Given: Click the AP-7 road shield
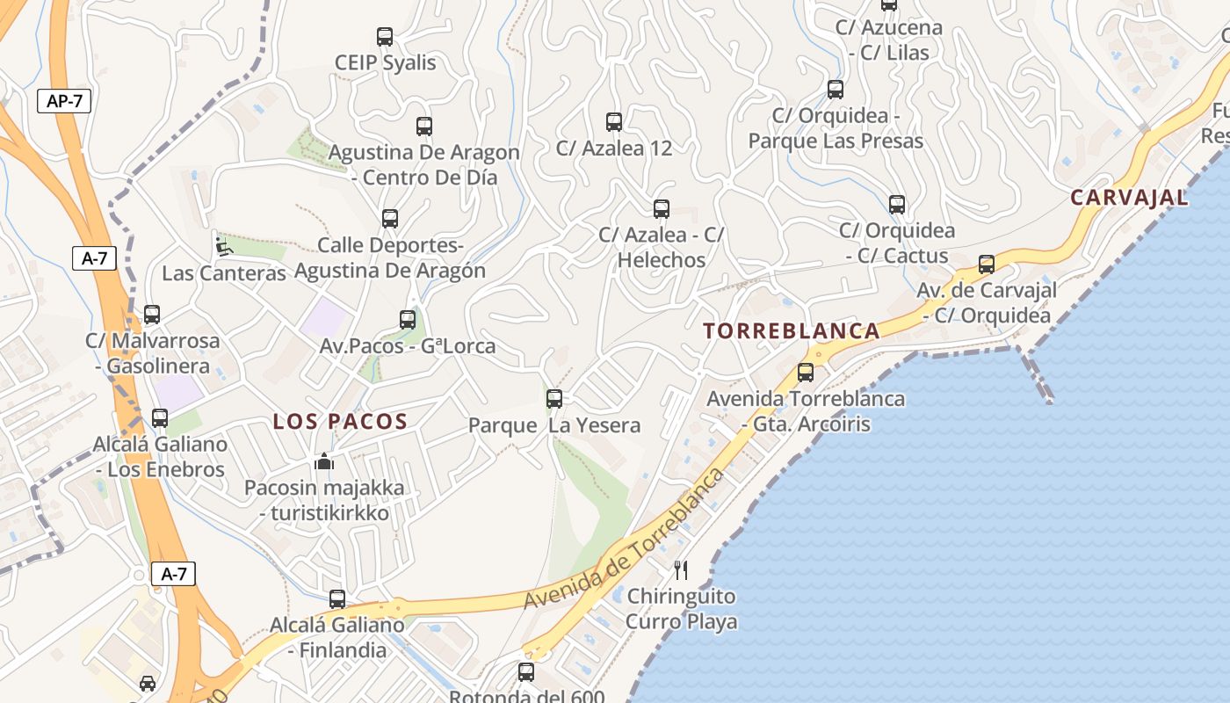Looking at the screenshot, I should (x=64, y=101).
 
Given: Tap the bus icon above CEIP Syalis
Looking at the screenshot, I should (x=385, y=37).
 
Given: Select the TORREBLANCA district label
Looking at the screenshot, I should (x=792, y=331).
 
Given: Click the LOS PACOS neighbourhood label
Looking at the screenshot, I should (x=340, y=422).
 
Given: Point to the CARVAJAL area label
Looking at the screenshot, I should (x=1129, y=198).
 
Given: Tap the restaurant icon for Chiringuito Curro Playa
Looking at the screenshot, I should (x=680, y=570).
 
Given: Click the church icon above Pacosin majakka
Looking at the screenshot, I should (x=324, y=461).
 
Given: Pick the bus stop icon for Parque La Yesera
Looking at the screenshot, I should (x=554, y=399).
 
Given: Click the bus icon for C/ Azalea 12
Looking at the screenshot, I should (x=614, y=122).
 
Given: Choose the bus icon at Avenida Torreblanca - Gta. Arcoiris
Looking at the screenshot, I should (x=806, y=373).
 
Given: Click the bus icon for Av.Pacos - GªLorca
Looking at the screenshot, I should (x=408, y=320).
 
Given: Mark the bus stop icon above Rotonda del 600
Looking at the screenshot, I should (x=526, y=672).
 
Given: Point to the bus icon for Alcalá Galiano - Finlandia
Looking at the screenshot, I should (x=337, y=599).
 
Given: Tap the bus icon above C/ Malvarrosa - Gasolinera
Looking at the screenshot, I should (x=152, y=315).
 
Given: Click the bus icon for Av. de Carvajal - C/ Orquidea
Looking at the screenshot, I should (x=987, y=265).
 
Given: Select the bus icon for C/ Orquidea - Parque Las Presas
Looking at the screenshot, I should (x=836, y=90).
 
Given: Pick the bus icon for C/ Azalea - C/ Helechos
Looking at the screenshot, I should (x=662, y=209).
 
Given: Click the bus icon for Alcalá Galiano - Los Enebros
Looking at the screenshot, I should (x=160, y=418).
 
